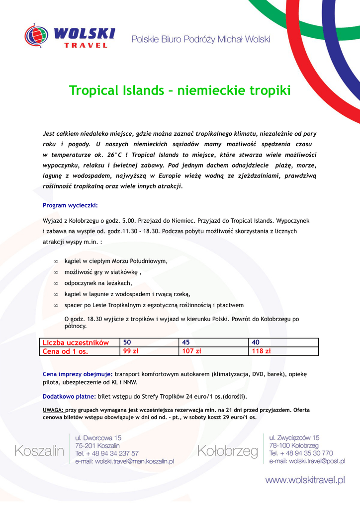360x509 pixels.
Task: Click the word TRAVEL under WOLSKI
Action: tap(86, 45)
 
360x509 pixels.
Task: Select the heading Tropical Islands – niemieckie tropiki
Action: tap(180, 90)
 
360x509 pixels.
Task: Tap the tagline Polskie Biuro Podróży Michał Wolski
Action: tap(200, 39)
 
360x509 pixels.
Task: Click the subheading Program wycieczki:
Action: tap(70, 205)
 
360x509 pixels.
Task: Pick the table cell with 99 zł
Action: tap(131, 351)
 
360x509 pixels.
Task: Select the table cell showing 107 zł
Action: tap(191, 351)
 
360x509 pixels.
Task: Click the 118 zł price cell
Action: tap(262, 351)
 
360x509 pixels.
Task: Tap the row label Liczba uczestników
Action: tap(76, 342)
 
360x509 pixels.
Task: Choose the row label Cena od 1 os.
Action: tap(65, 351)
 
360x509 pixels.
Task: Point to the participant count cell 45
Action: tap(187, 342)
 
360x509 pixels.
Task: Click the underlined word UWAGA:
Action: tap(53, 410)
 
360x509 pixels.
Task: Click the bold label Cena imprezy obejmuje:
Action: tap(78, 374)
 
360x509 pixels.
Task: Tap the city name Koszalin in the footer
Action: tap(39, 451)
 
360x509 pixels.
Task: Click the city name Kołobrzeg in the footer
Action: tap(228, 451)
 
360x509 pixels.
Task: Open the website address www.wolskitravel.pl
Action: tap(305, 480)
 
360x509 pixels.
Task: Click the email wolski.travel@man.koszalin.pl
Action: tap(124, 461)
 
